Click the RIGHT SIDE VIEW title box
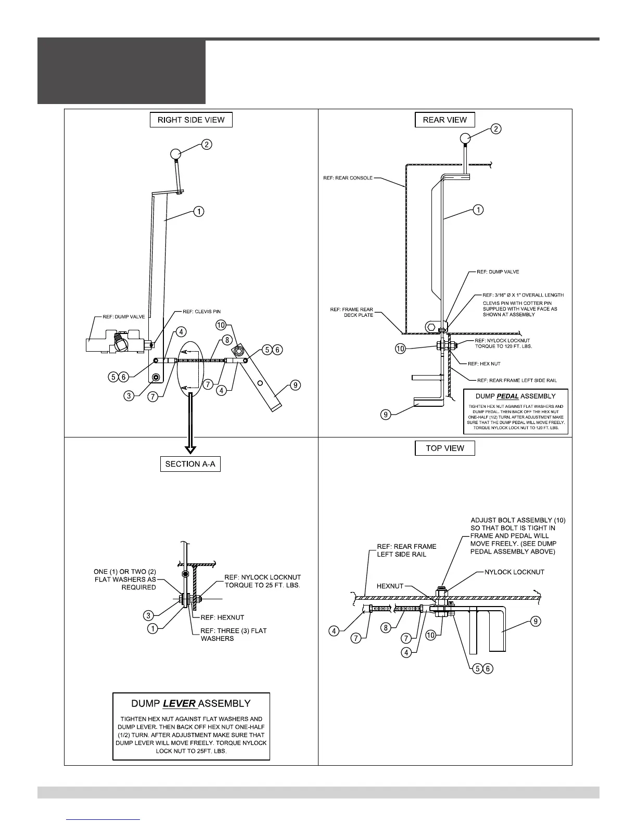191,120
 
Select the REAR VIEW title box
444,120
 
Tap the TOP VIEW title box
444,448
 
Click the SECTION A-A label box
190,464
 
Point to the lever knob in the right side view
176,153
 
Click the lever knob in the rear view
465,138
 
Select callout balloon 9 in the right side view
296,385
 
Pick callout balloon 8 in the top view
386,628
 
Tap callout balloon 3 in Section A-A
148,615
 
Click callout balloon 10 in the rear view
400,349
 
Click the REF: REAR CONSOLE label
348,178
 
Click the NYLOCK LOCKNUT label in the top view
514,572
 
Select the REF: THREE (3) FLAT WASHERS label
234,634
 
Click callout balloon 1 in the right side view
198,212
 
